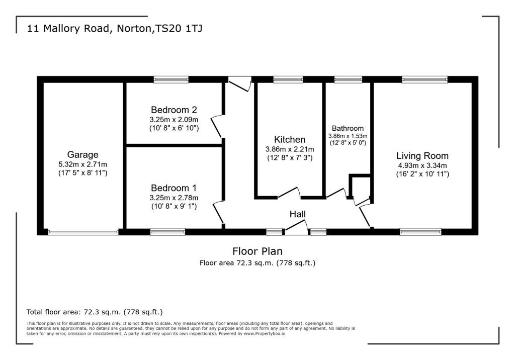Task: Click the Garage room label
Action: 83,154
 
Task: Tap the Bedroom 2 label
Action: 174,110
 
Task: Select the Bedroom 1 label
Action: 174,188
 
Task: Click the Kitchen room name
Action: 289,139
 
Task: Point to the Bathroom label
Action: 348,128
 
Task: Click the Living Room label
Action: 422,155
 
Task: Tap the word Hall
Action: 297,214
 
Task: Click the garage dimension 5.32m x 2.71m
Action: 83,164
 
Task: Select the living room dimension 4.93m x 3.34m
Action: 422,165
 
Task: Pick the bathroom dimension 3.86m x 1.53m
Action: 348,136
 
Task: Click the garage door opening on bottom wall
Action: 83,232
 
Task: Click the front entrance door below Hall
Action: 296,231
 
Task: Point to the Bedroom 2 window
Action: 171,79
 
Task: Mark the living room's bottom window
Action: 420,231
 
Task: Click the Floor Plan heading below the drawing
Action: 257,251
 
